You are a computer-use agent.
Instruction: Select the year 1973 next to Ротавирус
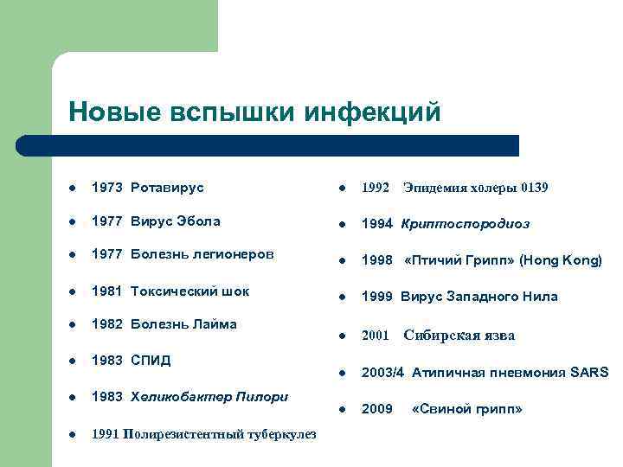click(107, 187)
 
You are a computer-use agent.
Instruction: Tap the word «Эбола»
click(197, 221)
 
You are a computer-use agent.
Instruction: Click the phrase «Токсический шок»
click(189, 291)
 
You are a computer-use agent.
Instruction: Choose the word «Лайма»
click(214, 325)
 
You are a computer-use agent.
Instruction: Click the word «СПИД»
click(151, 360)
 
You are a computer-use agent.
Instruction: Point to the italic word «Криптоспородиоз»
click(466, 224)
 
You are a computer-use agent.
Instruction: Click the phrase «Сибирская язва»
click(459, 336)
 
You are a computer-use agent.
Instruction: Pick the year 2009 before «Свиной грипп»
click(376, 409)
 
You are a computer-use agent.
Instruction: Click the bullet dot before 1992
click(344, 189)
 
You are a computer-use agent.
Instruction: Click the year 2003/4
click(382, 373)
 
